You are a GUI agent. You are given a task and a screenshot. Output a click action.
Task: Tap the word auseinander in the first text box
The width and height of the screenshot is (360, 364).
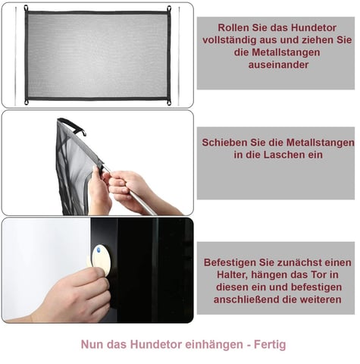pyautogui.click(x=278, y=64)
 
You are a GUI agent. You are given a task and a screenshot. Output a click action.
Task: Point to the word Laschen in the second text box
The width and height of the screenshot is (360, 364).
pyautogui.click(x=284, y=155)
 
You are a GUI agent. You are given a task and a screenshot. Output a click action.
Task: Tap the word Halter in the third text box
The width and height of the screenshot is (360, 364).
pyautogui.click(x=233, y=275)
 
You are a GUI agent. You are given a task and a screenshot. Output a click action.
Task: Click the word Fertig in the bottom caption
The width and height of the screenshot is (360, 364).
pyautogui.click(x=270, y=344)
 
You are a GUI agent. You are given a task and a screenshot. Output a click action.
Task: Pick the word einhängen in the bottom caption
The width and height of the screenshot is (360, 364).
pyautogui.click(x=214, y=344)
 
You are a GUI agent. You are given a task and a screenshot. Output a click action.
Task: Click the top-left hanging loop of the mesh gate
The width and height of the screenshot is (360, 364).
pyautogui.click(x=26, y=8)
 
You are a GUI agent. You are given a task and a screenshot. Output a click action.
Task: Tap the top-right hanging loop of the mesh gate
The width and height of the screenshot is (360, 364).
pyautogui.click(x=169, y=8)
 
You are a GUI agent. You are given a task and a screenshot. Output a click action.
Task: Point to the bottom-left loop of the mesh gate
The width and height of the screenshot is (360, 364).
pyautogui.click(x=27, y=102)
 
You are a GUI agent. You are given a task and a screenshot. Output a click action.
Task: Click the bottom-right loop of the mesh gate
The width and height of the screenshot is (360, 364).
pyautogui.click(x=169, y=102)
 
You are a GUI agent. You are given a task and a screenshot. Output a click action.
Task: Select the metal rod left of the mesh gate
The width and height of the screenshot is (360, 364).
pyautogui.click(x=15, y=57)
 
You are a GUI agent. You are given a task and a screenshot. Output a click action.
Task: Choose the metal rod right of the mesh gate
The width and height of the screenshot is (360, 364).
pyautogui.click(x=179, y=57)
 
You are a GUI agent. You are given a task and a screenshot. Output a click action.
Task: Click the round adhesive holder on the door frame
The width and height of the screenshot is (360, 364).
pyautogui.click(x=101, y=259)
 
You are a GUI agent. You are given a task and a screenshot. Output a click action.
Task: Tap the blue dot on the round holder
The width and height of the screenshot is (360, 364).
pyautogui.click(x=99, y=250)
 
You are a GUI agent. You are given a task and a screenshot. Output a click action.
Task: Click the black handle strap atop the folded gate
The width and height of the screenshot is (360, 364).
pyautogui.click(x=73, y=126)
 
